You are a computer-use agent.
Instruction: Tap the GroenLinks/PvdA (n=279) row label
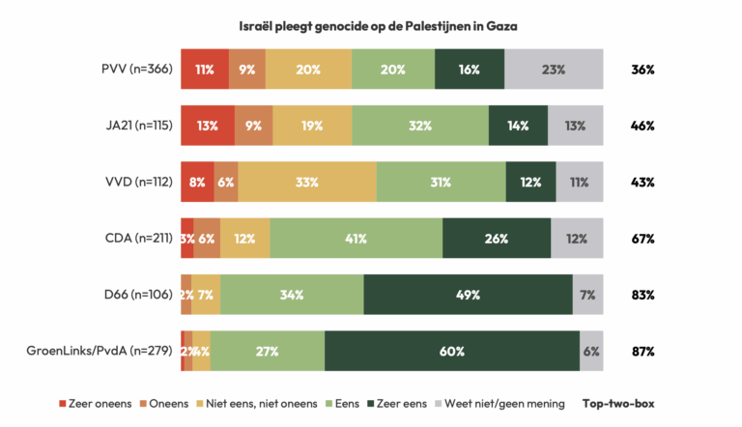100,351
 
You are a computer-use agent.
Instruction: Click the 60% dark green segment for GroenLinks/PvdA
451,351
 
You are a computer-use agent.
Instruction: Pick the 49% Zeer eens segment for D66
468,295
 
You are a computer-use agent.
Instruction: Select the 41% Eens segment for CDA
357,239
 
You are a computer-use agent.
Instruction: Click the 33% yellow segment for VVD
307,182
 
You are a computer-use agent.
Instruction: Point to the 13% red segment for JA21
207,126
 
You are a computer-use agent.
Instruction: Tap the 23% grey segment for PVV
554,70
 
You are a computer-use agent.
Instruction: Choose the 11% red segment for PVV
205,70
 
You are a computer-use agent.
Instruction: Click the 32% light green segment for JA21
420,126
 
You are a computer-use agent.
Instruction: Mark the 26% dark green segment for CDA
497,239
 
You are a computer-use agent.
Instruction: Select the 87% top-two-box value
643,351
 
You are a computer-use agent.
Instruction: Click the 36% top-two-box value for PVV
643,70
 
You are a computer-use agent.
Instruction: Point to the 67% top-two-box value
643,239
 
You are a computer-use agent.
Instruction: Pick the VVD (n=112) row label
135,182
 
